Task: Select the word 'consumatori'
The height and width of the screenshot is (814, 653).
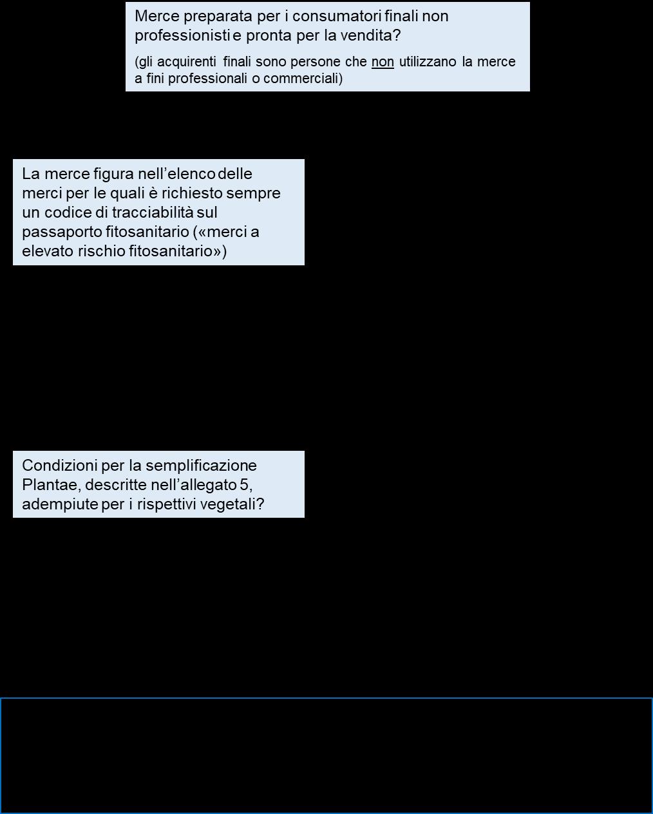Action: (x=332, y=17)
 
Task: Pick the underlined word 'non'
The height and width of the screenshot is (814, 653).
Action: (x=383, y=62)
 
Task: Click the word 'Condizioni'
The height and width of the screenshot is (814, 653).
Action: (x=55, y=466)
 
